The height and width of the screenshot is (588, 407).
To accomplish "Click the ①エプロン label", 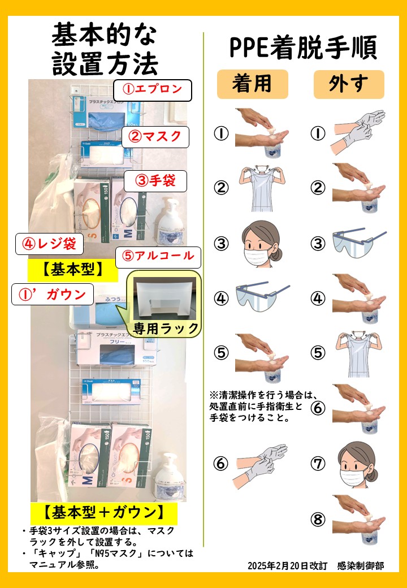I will click(x=153, y=89).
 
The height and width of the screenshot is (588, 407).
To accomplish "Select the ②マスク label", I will click(x=155, y=136).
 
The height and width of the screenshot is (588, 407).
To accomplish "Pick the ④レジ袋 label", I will click(x=50, y=244).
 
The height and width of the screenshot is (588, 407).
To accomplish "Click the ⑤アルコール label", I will click(x=158, y=256).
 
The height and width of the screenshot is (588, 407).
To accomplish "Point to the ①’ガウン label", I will click(x=52, y=294).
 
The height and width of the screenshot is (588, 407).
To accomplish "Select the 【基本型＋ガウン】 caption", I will click(x=104, y=513).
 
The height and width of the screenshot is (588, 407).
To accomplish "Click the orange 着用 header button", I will click(x=252, y=84).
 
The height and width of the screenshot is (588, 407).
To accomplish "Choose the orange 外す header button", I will click(x=349, y=84).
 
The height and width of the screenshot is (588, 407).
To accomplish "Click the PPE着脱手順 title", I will click(x=303, y=49).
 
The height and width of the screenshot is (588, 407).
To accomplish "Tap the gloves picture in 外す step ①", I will click(x=357, y=132).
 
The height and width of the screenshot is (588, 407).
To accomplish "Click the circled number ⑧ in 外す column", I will click(x=318, y=518).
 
